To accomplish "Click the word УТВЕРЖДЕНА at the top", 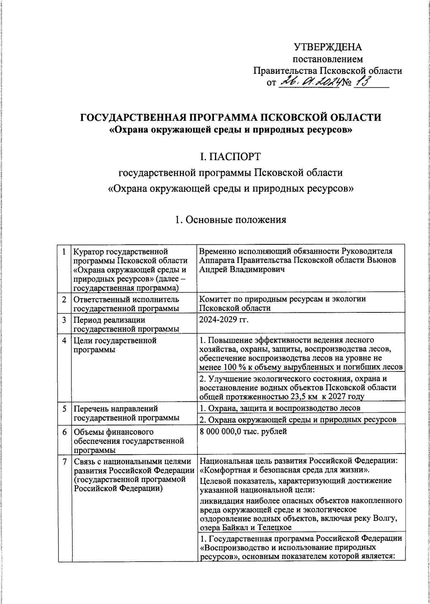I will [328, 47].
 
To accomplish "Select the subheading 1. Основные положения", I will [231, 220].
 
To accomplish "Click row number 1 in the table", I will [64, 252].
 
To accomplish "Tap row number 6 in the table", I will [64, 432].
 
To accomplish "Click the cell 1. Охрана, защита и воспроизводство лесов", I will [280, 408].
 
